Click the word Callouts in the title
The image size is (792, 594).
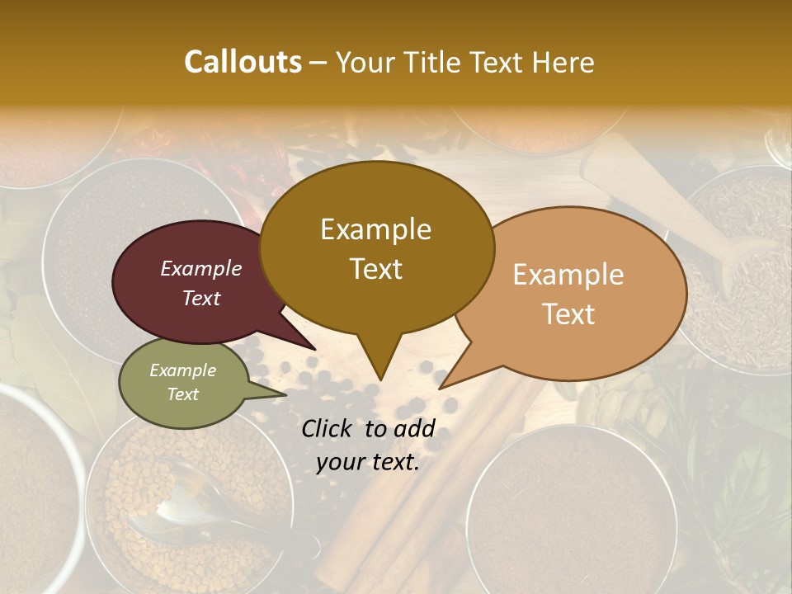coord(243,62)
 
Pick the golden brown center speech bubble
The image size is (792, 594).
coord(376,247)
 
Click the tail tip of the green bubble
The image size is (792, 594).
coord(285,394)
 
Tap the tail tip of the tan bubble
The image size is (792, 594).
coord(441,388)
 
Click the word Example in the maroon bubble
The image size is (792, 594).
coord(200,268)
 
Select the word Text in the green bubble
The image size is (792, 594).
coord(183,394)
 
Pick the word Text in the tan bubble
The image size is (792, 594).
coord(569,314)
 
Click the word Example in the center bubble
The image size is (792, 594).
coord(375,229)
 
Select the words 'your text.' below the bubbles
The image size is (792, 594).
coord(368,462)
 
